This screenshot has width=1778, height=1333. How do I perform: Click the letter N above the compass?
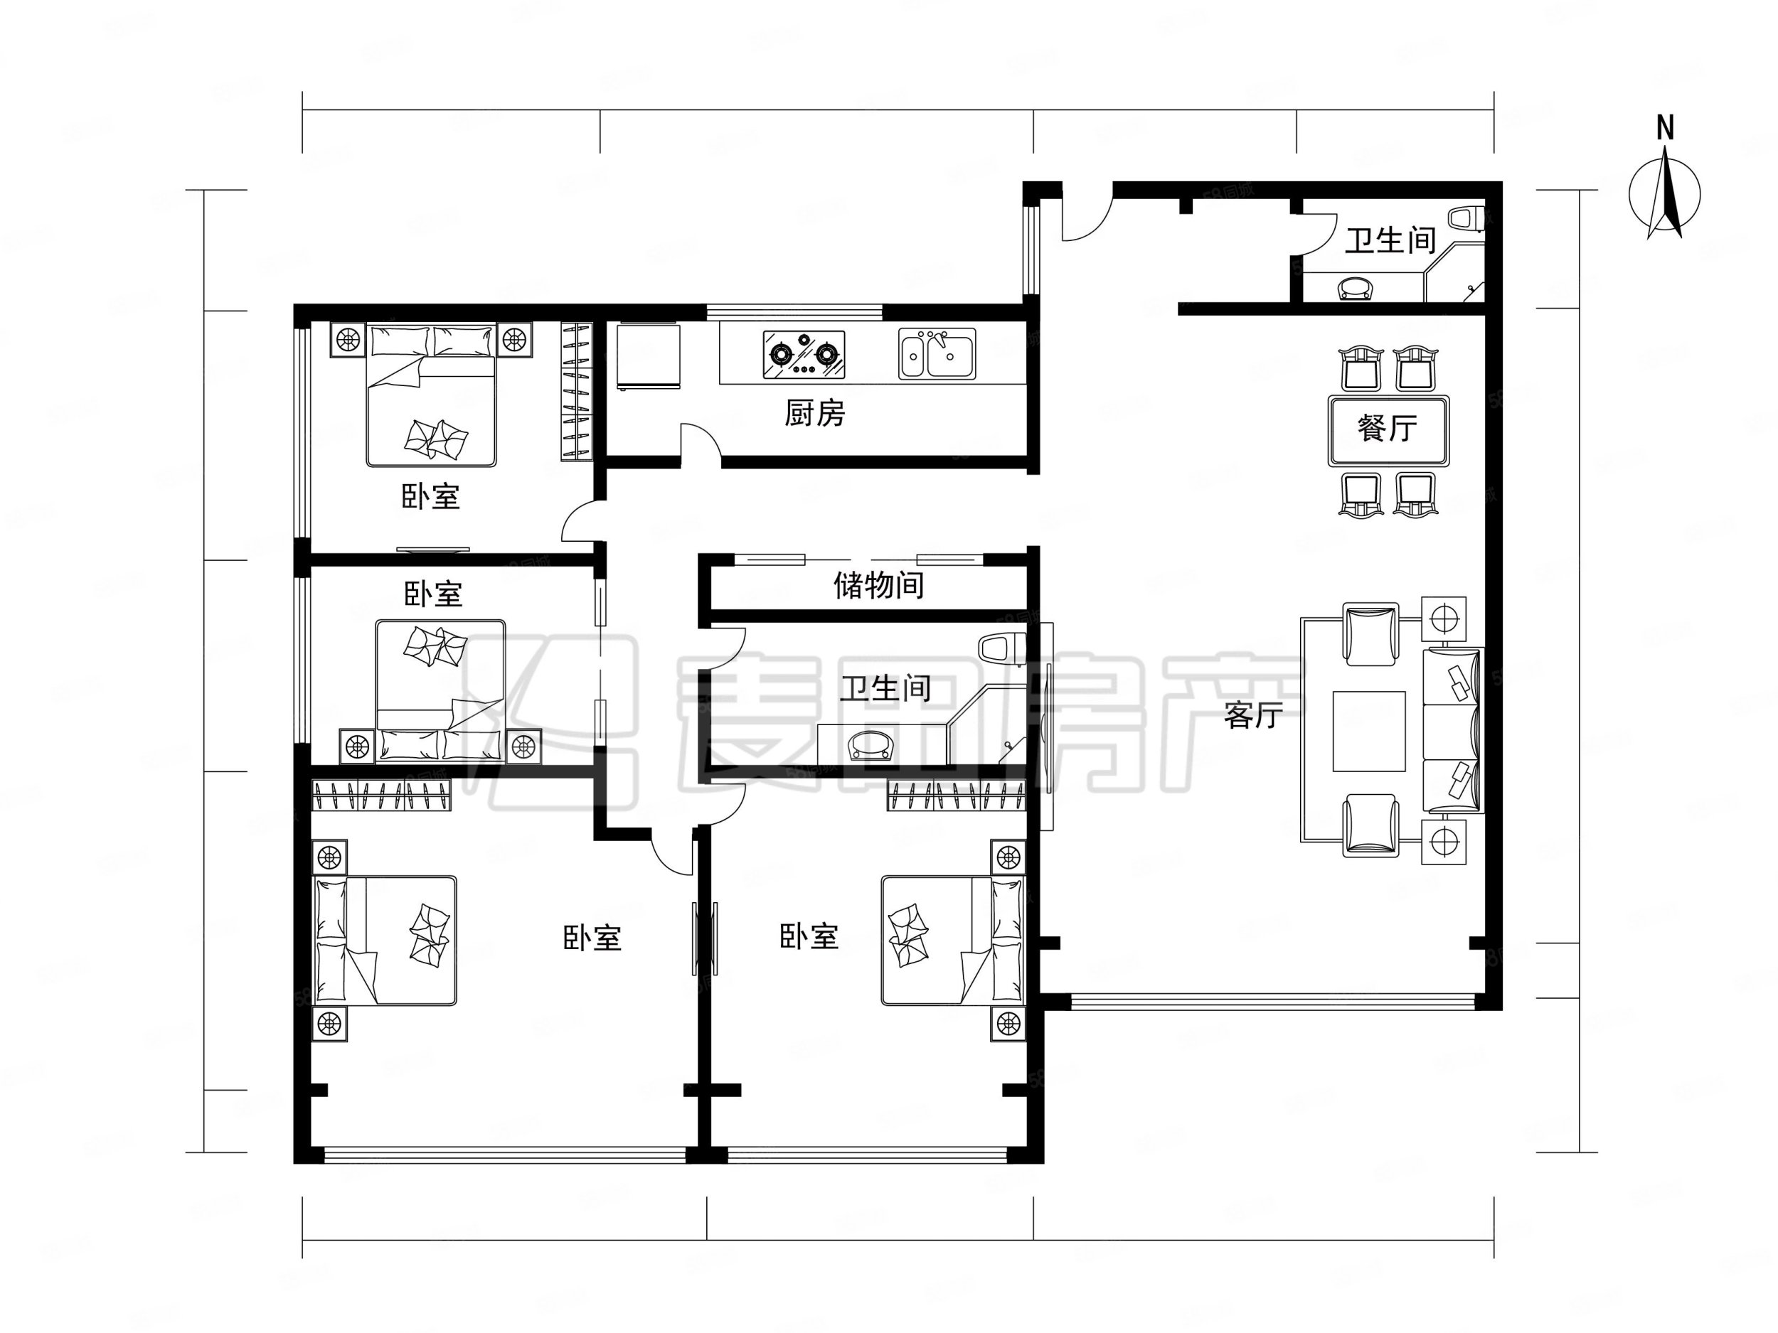(x=1666, y=129)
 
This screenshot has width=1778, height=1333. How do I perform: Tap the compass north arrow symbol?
(x=1665, y=197)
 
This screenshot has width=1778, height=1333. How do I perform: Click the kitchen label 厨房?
(x=814, y=413)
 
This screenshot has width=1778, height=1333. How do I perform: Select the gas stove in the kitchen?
(x=804, y=353)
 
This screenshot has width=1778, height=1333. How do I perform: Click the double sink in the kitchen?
(x=937, y=353)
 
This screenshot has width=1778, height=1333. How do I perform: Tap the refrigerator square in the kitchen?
(x=648, y=357)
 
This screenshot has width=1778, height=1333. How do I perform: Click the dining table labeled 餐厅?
(x=1388, y=429)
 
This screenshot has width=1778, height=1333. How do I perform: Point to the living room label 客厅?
(x=1253, y=714)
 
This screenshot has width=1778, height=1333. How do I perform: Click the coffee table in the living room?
(x=1369, y=731)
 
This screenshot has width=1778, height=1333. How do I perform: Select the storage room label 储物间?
(x=878, y=585)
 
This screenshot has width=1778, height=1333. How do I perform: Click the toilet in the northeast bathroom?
(x=1466, y=218)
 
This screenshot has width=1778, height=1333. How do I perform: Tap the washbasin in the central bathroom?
(x=871, y=745)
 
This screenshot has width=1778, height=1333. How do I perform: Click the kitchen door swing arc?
(x=699, y=440)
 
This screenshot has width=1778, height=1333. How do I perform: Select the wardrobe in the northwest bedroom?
(x=575, y=391)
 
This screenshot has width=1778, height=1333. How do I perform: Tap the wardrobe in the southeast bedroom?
(x=956, y=796)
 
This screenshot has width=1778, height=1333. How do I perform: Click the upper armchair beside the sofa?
(x=1371, y=635)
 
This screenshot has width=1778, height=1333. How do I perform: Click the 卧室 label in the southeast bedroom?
(x=809, y=937)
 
